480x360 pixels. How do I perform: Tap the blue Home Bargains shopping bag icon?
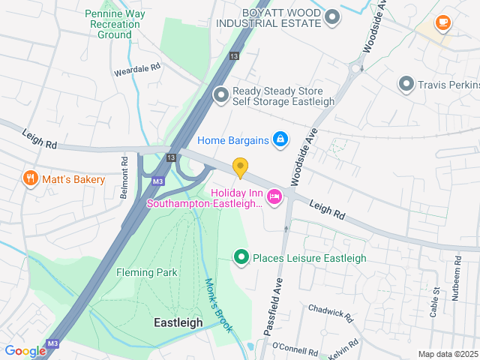[x=280, y=139]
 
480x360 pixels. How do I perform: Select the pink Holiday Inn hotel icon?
[x=274, y=196]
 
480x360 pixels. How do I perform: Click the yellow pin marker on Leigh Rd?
[x=240, y=167]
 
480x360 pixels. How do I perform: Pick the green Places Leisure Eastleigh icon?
[x=241, y=258]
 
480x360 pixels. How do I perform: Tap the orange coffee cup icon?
[x=442, y=22]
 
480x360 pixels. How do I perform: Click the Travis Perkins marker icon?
[x=407, y=84]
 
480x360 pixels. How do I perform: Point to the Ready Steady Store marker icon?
[x=220, y=94]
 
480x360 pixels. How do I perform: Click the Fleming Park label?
[x=147, y=272]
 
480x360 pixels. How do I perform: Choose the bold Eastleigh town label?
[x=178, y=322]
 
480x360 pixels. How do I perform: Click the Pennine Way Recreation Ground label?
[x=113, y=24]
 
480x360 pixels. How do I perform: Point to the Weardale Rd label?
[x=137, y=67]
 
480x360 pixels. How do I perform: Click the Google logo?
[x=25, y=351]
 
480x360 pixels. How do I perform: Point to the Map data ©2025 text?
[x=447, y=354]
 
